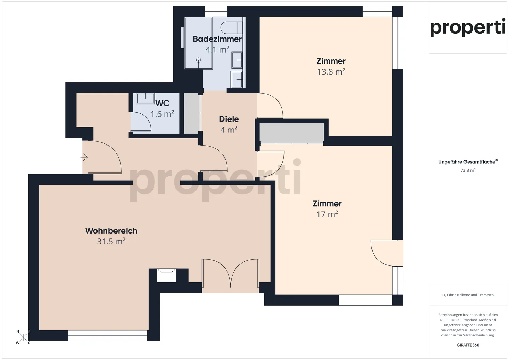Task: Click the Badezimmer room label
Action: point(217,39)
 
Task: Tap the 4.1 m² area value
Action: point(217,49)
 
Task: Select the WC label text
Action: point(162,103)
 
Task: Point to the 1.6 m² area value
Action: point(162,114)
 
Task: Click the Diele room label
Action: point(229,119)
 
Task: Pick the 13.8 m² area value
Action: point(331,72)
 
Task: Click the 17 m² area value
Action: point(327,214)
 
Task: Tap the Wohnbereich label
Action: point(111,231)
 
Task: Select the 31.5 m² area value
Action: point(111,241)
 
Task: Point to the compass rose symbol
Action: point(23,337)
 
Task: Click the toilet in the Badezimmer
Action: point(232,27)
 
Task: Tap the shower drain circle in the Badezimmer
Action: point(198,60)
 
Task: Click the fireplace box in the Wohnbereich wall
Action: point(166,275)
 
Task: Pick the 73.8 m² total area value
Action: point(468,170)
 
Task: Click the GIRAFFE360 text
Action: point(468,345)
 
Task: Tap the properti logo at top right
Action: point(468,27)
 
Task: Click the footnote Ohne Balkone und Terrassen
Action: point(468,295)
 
